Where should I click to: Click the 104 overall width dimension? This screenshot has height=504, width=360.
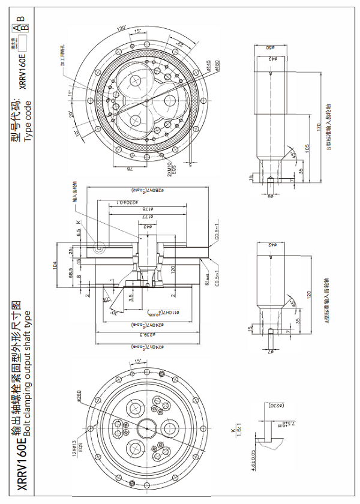55,264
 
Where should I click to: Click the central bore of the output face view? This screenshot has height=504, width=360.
146,428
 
